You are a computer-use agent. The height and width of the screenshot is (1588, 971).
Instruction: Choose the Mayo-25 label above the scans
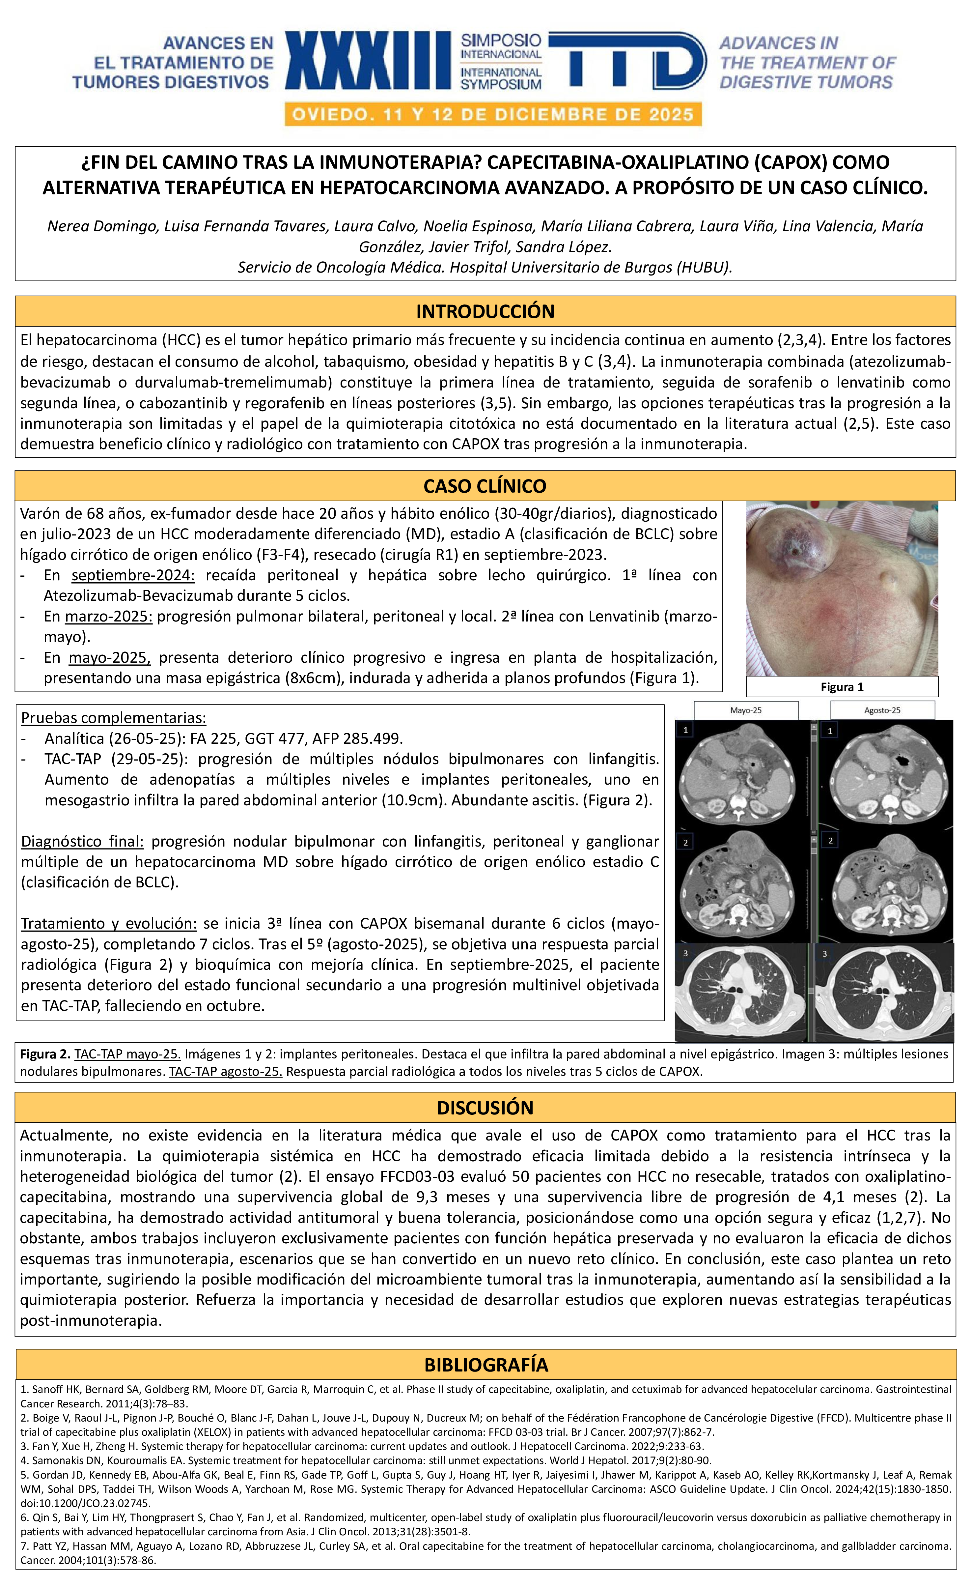point(745,710)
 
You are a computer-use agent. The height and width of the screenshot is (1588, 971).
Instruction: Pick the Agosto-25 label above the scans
point(882,710)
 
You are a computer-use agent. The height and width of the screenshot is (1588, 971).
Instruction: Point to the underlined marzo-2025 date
point(108,617)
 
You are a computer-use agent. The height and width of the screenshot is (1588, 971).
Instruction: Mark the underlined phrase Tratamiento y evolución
point(108,924)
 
